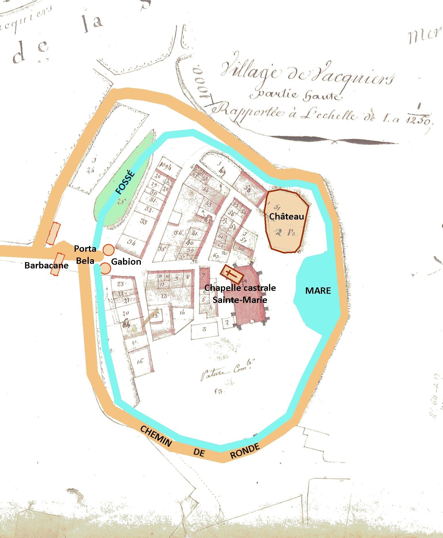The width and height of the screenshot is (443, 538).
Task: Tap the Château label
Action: [x=286, y=216]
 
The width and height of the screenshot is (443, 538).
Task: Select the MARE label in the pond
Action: [x=318, y=291]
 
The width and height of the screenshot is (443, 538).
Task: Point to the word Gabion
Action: [x=126, y=262]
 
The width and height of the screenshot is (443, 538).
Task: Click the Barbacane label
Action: [x=46, y=265]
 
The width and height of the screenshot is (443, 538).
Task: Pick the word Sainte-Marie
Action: [x=240, y=300]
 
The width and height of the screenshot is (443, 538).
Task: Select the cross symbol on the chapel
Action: [x=230, y=273]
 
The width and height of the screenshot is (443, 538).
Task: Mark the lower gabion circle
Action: [x=105, y=268]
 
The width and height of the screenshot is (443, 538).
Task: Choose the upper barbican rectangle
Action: [x=54, y=234]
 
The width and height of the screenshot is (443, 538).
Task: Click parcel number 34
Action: [x=131, y=243]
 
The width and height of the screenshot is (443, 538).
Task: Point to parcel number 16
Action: [x=140, y=362]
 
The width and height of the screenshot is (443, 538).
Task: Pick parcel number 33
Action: [x=143, y=222]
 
